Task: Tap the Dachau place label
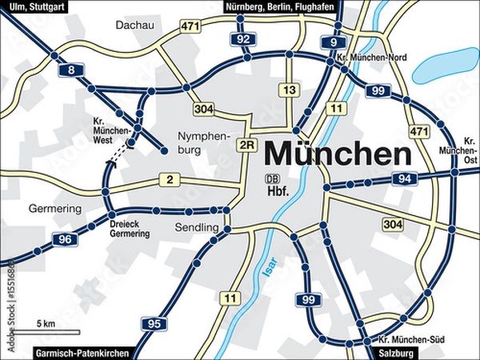pos(134,26)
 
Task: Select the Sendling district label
pos(196,228)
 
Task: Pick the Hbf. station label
pos(277,192)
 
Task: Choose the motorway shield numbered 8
pos(70,71)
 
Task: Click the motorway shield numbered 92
pos(244,38)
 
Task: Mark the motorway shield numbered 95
pos(154,323)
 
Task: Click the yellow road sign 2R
pos(247,145)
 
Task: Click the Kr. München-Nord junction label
pos(374,58)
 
